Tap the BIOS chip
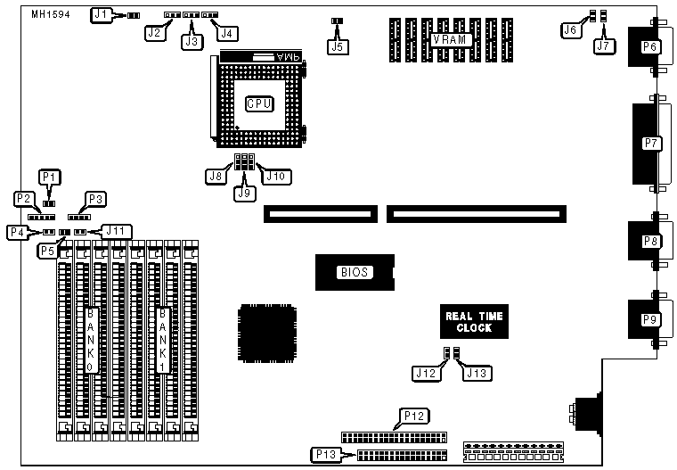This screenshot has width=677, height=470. point(354,273)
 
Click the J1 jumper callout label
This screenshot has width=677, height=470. point(102,14)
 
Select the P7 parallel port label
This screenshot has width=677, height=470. point(650,142)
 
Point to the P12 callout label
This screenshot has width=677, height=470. point(415,415)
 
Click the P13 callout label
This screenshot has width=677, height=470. point(327,455)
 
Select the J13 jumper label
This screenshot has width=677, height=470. point(476,373)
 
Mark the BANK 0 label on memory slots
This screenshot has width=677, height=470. point(91,339)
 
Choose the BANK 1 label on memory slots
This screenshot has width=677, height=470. point(163,339)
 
